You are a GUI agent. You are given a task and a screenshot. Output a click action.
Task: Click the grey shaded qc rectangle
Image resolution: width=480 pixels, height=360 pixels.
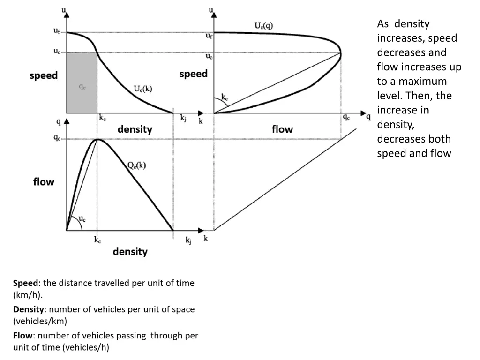82,83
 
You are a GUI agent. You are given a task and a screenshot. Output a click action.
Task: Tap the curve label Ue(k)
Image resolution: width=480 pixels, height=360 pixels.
142,89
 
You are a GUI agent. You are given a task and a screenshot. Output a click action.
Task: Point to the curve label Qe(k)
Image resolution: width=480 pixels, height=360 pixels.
136,165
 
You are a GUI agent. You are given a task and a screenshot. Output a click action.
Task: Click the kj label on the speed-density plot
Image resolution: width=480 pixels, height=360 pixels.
184,118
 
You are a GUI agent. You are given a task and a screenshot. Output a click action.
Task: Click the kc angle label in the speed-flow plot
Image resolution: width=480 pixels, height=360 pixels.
225,97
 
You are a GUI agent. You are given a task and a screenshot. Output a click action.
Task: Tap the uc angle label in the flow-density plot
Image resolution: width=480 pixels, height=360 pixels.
82,219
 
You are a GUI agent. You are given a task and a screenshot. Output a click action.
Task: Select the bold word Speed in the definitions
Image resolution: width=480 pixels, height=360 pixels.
27,283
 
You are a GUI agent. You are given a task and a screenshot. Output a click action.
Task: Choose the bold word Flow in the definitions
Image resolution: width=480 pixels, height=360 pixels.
23,336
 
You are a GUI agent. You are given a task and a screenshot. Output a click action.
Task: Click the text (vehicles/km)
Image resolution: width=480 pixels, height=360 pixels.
40,322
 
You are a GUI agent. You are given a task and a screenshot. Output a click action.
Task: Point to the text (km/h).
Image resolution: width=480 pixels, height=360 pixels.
28,295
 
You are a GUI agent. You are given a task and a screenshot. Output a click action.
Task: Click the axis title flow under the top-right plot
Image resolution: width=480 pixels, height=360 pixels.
282,129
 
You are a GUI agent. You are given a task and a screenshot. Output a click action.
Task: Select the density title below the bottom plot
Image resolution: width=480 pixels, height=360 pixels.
130,252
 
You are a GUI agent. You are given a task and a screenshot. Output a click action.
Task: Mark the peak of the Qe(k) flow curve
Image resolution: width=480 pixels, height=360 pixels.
97,139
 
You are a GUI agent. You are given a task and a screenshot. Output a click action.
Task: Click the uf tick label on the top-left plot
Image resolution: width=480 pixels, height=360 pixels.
56,31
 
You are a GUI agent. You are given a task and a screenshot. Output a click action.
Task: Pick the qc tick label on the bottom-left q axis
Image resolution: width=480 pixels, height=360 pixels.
57,138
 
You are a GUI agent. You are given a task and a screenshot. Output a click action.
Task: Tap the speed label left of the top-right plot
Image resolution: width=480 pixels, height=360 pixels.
193,74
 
